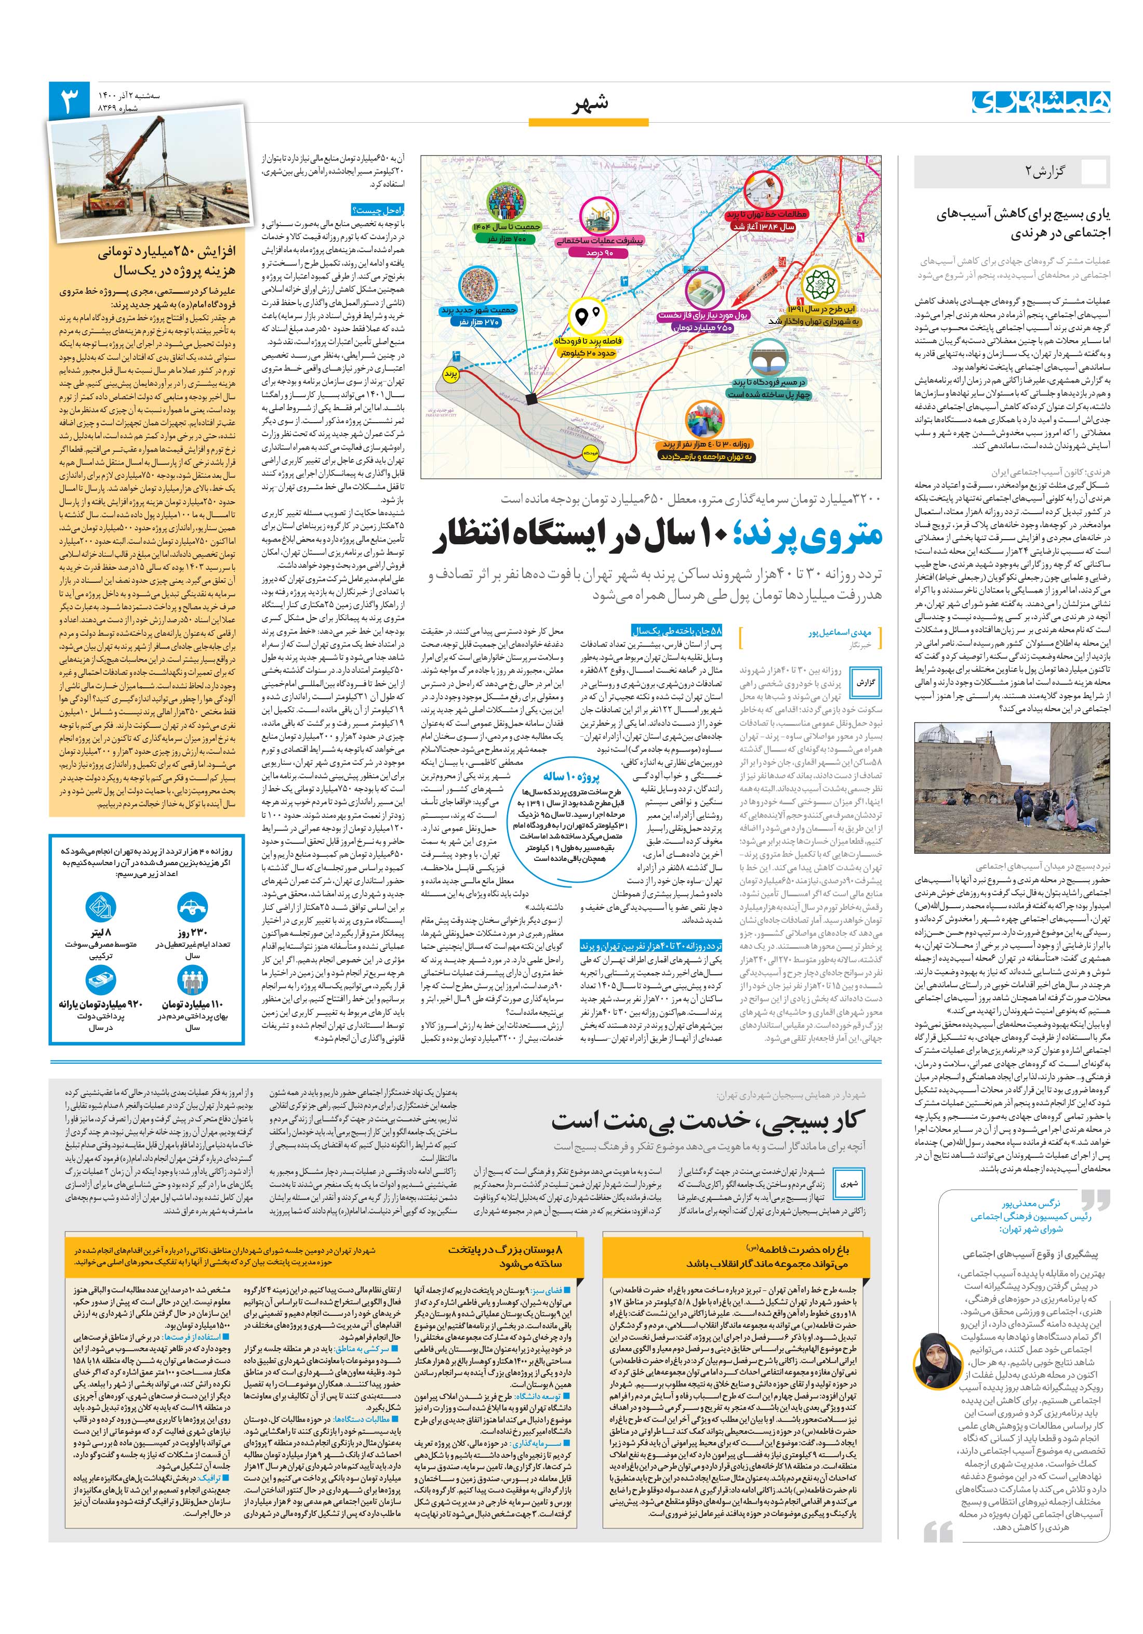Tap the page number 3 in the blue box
pos(70,102)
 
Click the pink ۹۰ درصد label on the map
pos(599,253)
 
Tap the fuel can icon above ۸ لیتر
pos(100,907)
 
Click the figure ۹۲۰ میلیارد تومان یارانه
pos(101,1004)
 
